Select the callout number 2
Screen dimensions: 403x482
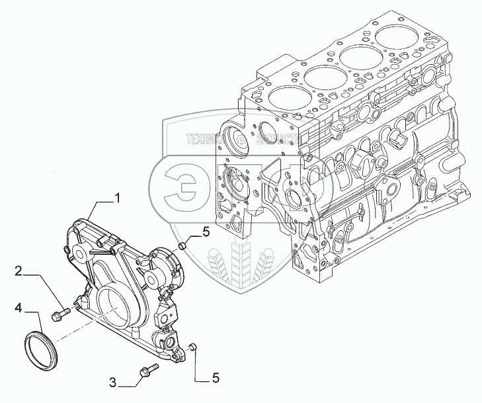pyautogui.click(x=20, y=271)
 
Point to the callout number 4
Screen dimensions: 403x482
pyautogui.click(x=20, y=308)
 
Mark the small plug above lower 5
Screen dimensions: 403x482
pyautogui.click(x=192, y=346)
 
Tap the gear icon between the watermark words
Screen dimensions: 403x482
pyautogui.click(x=242, y=140)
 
